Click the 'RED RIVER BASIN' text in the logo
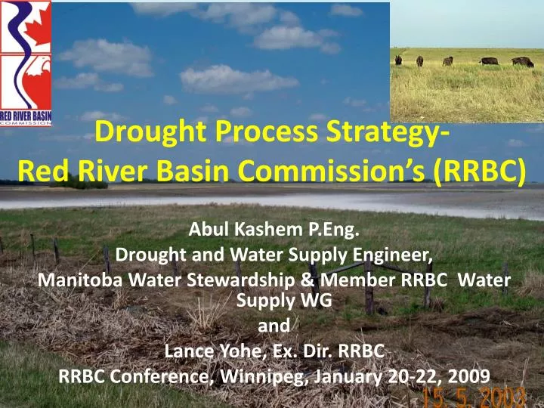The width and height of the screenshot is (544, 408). pos(26,116)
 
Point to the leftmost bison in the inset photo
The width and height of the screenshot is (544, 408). pos(398,60)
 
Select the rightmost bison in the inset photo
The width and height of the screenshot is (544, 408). pos(521,61)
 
